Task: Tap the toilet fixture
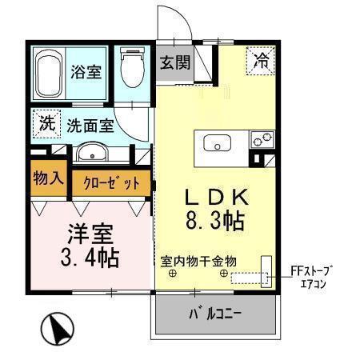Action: [x=130, y=71]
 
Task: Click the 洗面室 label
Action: [x=90, y=126]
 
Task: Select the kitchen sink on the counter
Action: [x=216, y=143]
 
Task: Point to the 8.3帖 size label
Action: [x=211, y=221]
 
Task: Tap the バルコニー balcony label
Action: [x=214, y=313]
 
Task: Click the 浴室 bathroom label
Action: [x=86, y=71]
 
